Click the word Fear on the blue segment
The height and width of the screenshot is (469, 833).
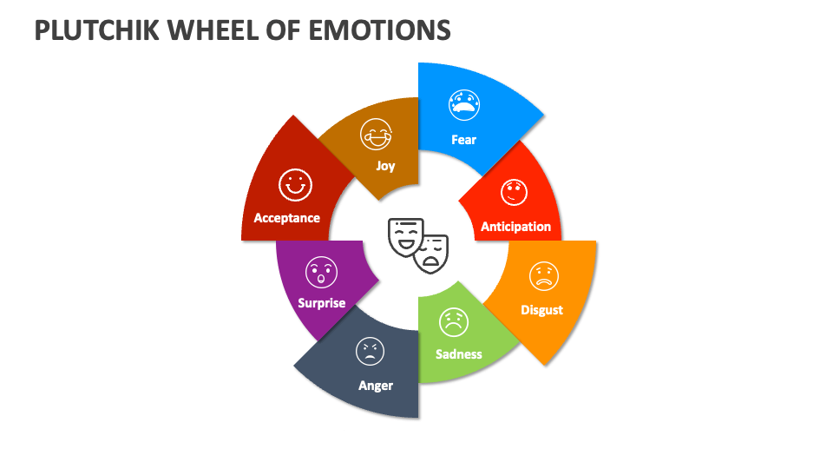pyautogui.click(x=463, y=140)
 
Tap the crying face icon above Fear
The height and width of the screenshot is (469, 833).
pyautogui.click(x=463, y=104)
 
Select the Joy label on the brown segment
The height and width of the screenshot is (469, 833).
pyautogui.click(x=385, y=166)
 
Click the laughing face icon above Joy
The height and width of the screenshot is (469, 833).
pyautogui.click(x=377, y=134)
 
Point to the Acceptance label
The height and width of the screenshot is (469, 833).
pyautogui.click(x=286, y=218)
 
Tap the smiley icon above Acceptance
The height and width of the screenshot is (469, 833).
pyautogui.click(x=295, y=184)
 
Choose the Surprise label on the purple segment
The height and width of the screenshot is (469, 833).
pyautogui.click(x=321, y=303)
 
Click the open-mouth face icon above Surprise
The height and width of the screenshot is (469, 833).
pyautogui.click(x=320, y=272)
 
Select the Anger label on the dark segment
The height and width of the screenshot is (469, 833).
pyautogui.click(x=376, y=386)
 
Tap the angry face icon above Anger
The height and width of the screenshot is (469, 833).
pyautogui.click(x=371, y=351)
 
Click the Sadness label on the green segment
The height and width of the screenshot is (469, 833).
pyautogui.click(x=458, y=354)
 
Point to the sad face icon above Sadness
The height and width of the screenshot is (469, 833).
pyautogui.click(x=453, y=322)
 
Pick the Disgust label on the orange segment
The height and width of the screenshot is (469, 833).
pyautogui.click(x=541, y=310)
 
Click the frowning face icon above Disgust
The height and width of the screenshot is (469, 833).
pyautogui.click(x=544, y=276)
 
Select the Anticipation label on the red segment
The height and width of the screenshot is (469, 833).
pyautogui.click(x=515, y=227)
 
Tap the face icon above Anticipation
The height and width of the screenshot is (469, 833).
pyautogui.click(x=514, y=192)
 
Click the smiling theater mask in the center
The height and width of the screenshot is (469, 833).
pyautogui.click(x=404, y=236)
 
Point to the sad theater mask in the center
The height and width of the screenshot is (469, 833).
pyautogui.click(x=431, y=253)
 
